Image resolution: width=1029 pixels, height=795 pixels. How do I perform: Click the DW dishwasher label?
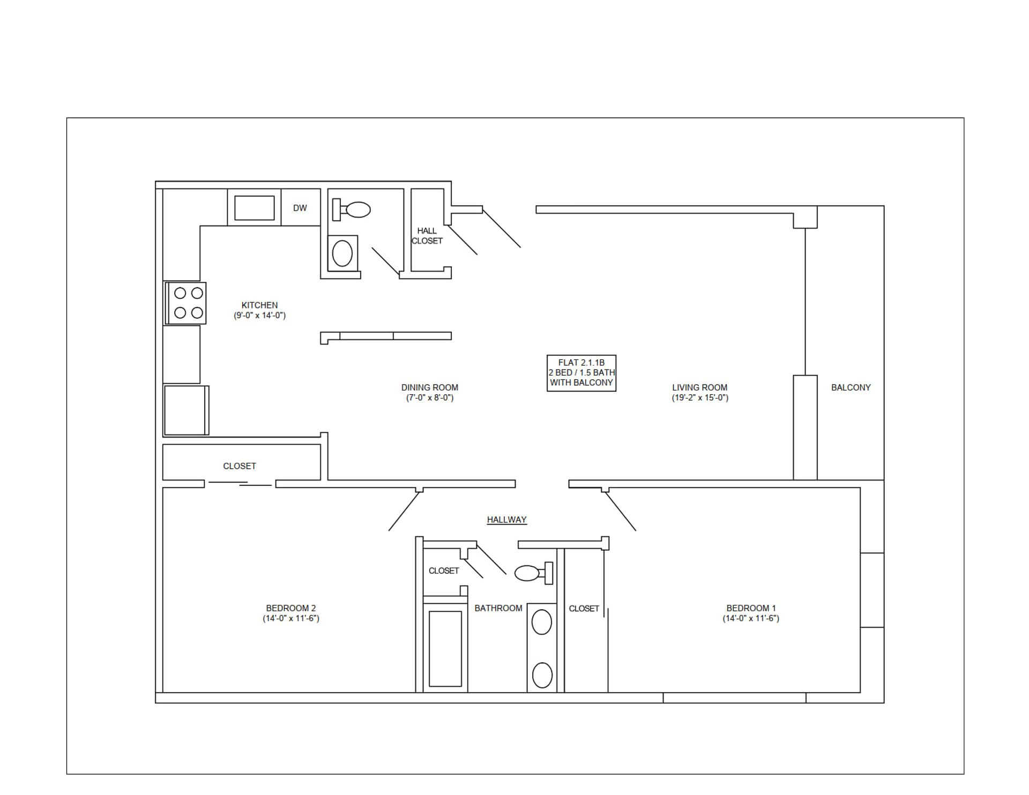300,208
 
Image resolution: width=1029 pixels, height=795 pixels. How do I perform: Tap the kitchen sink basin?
254,208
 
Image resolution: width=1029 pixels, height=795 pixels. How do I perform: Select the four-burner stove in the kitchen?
186,303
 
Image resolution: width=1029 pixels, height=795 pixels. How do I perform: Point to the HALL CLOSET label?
427,236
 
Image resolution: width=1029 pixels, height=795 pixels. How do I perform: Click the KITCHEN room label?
259,305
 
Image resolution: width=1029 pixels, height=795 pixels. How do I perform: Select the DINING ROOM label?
429,387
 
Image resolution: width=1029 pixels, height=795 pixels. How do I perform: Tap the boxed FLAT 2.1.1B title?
581,373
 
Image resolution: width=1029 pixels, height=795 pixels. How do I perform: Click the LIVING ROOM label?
699,387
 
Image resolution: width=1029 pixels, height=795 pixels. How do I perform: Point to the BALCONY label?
851,387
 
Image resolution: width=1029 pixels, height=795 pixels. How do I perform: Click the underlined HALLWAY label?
506,520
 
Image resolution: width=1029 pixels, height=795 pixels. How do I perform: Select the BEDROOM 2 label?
290,608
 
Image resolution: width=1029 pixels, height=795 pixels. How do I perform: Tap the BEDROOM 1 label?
751,608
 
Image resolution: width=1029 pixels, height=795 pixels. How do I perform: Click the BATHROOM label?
498,608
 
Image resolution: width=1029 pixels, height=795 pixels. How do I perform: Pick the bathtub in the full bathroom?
445,648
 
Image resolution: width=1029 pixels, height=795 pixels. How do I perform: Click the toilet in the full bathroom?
531,573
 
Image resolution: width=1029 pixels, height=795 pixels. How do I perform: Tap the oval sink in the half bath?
342,253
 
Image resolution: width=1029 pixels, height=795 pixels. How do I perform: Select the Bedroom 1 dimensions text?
751,618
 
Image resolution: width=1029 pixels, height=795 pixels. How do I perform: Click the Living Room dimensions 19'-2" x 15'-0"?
699,397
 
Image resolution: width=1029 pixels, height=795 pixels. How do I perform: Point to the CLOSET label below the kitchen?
239,466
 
